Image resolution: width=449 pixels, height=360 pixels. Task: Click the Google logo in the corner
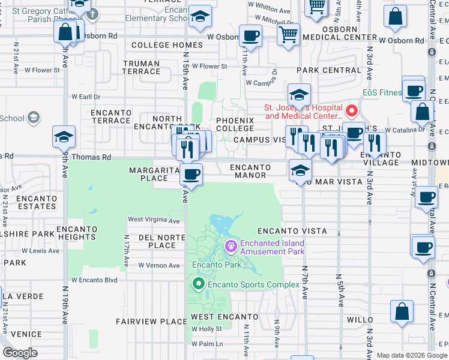coord(20,353)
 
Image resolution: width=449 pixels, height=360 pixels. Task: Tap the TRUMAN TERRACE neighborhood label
coord(141,67)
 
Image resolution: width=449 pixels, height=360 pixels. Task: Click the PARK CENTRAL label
coord(328,70)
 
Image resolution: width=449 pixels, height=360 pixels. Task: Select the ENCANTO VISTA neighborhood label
coord(292,231)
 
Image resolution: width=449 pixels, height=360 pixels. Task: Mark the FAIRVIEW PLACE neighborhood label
coord(151,322)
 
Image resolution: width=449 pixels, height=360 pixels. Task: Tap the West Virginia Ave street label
coord(154,220)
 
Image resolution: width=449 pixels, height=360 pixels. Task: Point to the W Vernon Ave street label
coord(158,265)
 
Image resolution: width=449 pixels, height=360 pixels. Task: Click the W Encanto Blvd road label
coord(94,280)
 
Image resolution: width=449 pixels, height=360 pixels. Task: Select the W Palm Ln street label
coord(207,344)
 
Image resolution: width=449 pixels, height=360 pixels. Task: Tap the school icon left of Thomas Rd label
coord(64,137)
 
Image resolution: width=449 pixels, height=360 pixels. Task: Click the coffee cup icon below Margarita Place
coord(191,175)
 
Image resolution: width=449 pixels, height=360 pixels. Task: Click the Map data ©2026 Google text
coord(412,355)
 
